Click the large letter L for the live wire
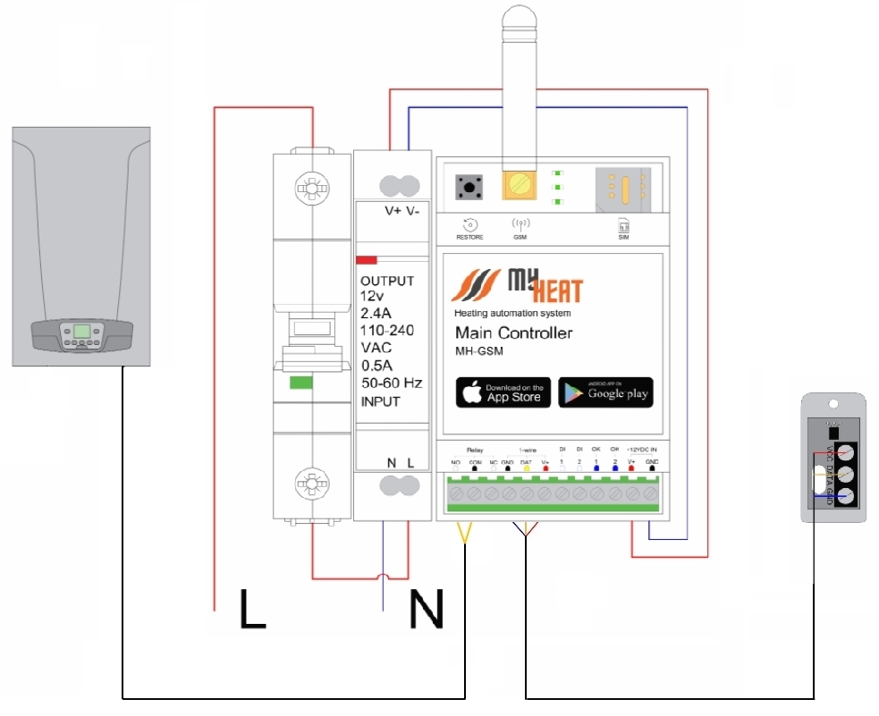(x=253, y=607)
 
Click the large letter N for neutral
(x=426, y=608)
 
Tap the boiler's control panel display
(x=81, y=331)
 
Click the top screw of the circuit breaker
(x=311, y=189)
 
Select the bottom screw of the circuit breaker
(x=311, y=484)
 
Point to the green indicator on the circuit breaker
(x=300, y=383)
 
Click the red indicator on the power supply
(x=367, y=260)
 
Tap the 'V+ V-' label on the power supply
(x=400, y=211)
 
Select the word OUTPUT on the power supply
(x=387, y=281)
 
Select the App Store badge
(x=503, y=392)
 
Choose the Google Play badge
(x=605, y=392)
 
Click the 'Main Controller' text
(x=513, y=333)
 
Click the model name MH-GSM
(x=479, y=351)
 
